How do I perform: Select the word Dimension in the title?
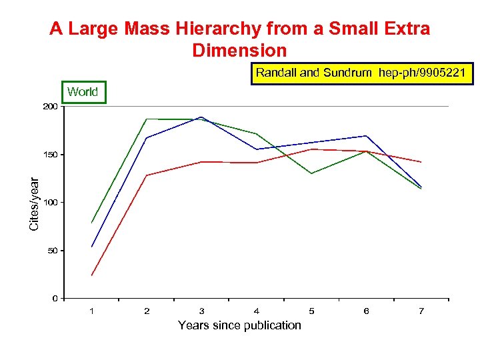(x=239, y=51)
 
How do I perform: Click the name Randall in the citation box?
(x=277, y=73)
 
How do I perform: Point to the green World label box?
(x=83, y=92)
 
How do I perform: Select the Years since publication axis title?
(x=239, y=325)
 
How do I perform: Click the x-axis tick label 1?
(x=91, y=311)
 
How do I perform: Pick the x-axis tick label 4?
(x=257, y=311)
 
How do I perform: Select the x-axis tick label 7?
(x=421, y=311)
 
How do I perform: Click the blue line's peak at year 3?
(x=201, y=117)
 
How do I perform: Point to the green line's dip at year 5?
(x=311, y=173)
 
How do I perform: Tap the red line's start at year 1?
(x=91, y=275)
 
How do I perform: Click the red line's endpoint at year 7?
(x=421, y=162)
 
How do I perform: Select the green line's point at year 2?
(x=147, y=119)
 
